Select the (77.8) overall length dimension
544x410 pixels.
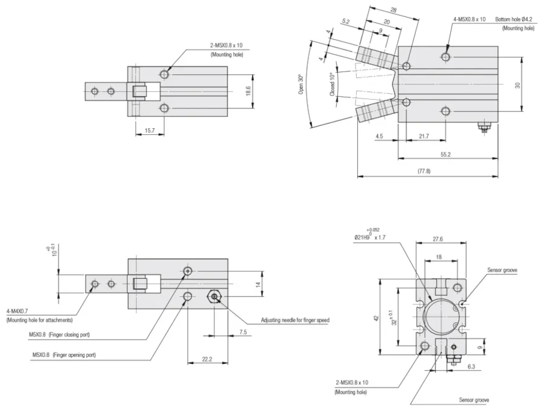(423, 171)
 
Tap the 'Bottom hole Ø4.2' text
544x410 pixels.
(515, 19)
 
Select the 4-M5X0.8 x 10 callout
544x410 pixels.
(469, 19)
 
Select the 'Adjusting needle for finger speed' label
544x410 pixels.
(295, 320)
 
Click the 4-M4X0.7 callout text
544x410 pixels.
(20, 311)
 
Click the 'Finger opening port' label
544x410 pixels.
(73, 355)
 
